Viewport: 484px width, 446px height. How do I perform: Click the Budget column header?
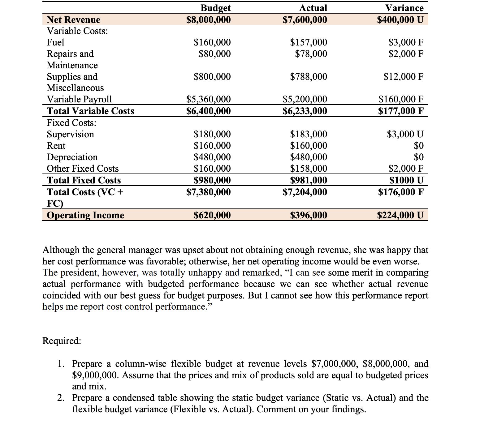(215, 8)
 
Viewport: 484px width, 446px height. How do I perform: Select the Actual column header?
(313, 8)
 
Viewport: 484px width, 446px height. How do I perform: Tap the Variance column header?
(404, 8)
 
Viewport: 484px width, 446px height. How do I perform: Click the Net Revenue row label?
(73, 19)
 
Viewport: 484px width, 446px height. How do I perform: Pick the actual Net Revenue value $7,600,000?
(305, 19)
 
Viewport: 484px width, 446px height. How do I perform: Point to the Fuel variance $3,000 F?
(406, 42)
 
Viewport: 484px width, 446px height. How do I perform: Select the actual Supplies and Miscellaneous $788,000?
(308, 76)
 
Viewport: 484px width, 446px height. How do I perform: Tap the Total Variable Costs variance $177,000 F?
(400, 111)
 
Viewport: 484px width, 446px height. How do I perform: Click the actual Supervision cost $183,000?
(308, 134)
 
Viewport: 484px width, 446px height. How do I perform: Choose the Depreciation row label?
(72, 157)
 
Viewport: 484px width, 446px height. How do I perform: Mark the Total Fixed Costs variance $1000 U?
(406, 180)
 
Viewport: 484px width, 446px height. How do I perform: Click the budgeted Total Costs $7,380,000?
(208, 192)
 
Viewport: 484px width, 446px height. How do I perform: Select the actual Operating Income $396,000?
(308, 215)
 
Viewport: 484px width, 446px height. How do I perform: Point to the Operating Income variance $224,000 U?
(400, 215)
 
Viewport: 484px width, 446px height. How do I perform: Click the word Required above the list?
(62, 341)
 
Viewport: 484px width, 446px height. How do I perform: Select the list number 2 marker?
(61, 398)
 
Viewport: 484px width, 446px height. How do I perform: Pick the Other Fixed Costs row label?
(83, 169)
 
